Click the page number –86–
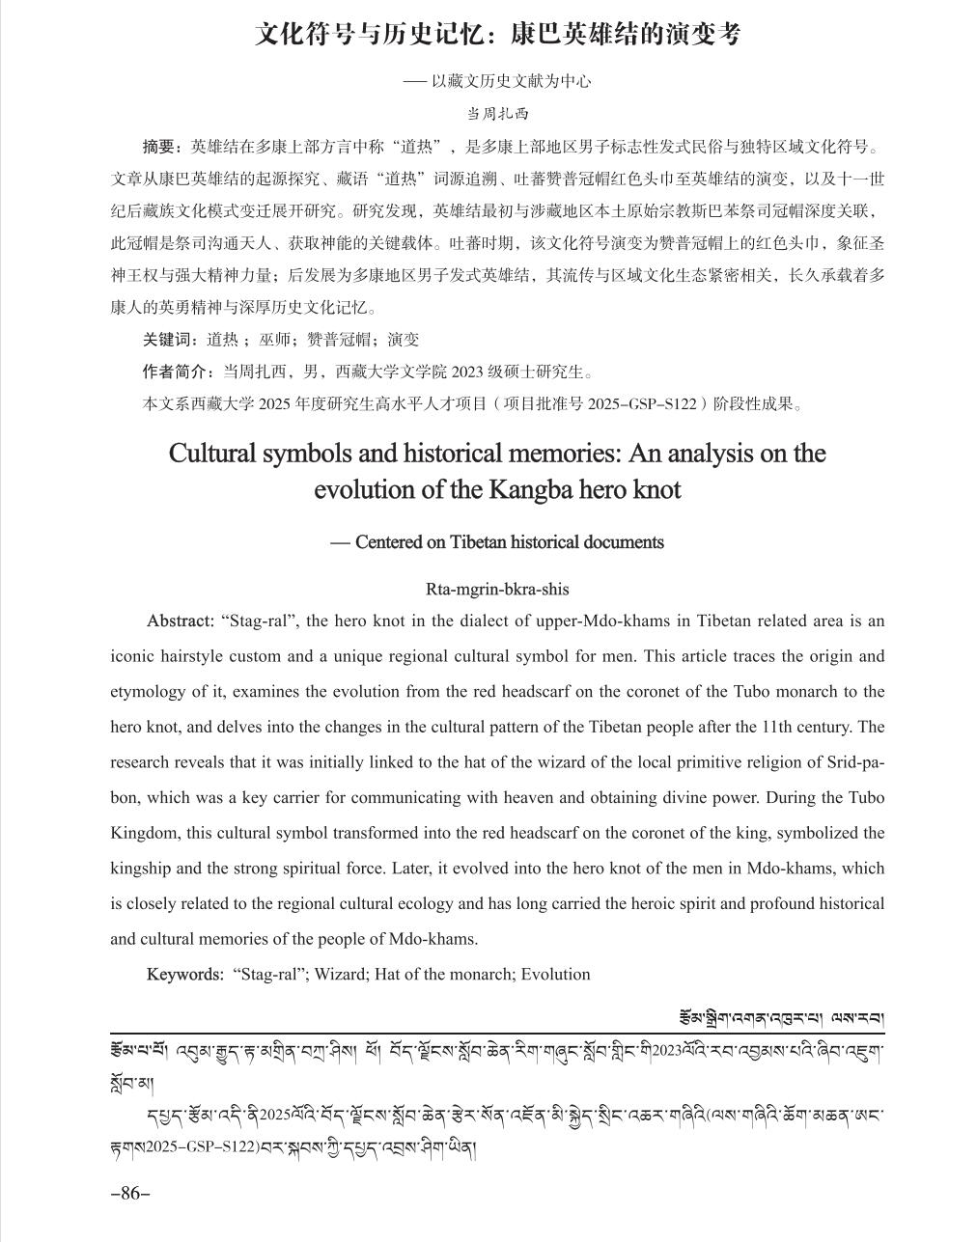[x=130, y=1193]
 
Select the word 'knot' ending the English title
[x=657, y=489]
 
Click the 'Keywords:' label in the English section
[x=185, y=974]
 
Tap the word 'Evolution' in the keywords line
[x=555, y=974]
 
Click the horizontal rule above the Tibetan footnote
[x=497, y=1034]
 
